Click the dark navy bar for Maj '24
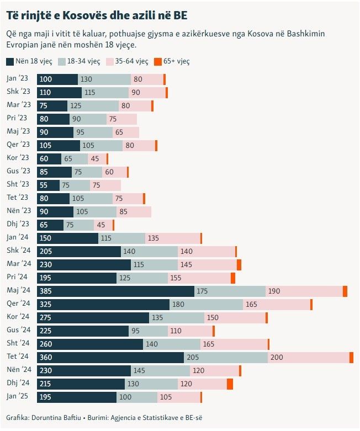pyautogui.click(x=115, y=291)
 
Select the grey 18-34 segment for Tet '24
pyautogui.click(x=226, y=357)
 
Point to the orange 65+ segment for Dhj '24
pyautogui.click(x=230, y=384)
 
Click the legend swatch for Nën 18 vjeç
pyautogui.click(x=10, y=62)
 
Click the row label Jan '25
pyautogui.click(x=18, y=397)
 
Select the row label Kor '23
pyautogui.click(x=18, y=158)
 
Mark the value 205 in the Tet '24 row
pyautogui.click(x=193, y=358)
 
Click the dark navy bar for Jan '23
pyautogui.click(x=57, y=79)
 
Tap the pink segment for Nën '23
pyautogui.click(x=134, y=212)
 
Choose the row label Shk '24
pyautogui.click(x=18, y=251)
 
